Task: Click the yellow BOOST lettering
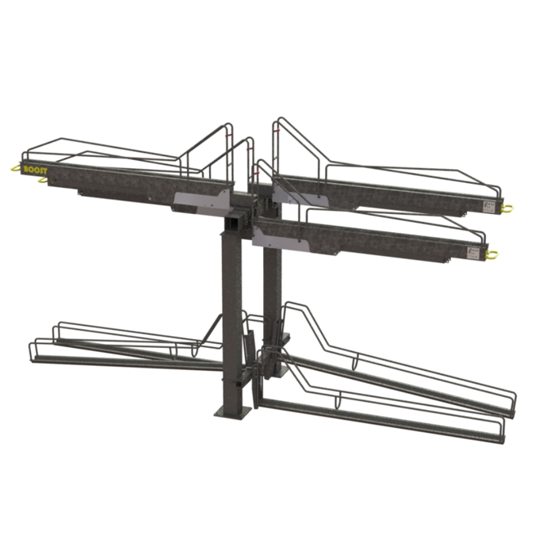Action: coord(36,169)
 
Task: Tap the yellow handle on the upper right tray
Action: coord(506,208)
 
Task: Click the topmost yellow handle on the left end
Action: coord(14,166)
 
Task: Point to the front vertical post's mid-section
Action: coord(231,317)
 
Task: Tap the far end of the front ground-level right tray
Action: coord(497,431)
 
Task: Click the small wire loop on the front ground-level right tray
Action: coord(339,401)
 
